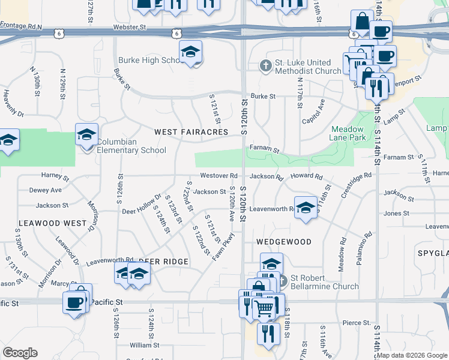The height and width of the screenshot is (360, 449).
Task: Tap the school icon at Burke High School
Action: (191, 53)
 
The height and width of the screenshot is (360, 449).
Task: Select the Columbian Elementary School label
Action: (131, 146)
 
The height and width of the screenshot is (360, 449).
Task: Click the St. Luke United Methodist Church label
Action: (307, 67)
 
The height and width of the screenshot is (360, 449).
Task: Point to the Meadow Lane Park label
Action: (347, 133)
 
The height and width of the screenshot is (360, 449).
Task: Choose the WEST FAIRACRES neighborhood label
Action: (191, 131)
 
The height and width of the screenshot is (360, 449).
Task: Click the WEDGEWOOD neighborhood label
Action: (284, 242)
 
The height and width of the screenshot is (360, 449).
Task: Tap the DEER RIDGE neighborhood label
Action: (163, 262)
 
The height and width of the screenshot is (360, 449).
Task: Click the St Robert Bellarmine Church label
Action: (325, 282)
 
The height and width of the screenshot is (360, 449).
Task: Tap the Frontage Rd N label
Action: (21, 26)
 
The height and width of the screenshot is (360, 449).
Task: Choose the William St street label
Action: (144, 345)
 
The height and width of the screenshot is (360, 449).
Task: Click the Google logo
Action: (20, 353)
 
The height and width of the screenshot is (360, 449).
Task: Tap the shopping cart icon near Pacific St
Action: (264, 308)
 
